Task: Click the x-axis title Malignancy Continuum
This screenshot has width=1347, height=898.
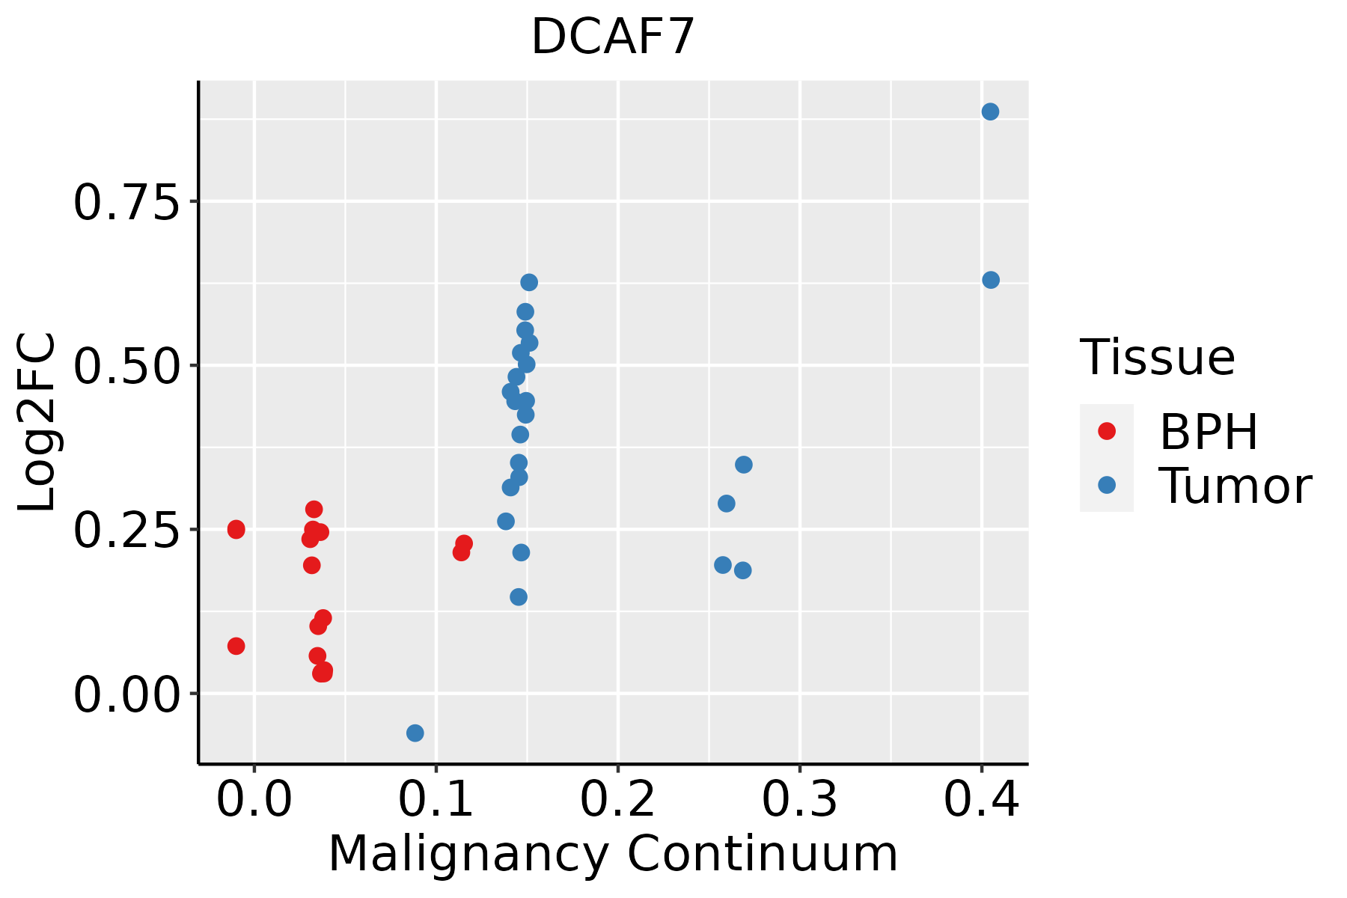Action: tap(613, 855)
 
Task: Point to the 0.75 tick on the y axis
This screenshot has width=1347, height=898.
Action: tap(126, 202)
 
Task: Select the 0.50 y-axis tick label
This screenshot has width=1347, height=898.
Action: tap(126, 366)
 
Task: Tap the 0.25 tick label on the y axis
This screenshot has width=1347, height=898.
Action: tap(126, 531)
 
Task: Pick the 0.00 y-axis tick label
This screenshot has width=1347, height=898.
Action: tap(126, 694)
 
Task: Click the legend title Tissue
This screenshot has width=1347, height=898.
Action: tap(1158, 358)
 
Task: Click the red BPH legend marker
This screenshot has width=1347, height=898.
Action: tap(1106, 431)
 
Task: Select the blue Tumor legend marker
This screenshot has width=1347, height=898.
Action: tap(1106, 486)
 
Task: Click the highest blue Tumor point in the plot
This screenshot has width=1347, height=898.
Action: tap(990, 112)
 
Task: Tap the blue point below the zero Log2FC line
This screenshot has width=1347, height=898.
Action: tap(415, 733)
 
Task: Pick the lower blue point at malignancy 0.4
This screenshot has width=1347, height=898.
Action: tap(991, 280)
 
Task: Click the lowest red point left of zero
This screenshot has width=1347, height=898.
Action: tap(236, 646)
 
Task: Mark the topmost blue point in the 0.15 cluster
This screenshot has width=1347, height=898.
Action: tap(529, 283)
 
